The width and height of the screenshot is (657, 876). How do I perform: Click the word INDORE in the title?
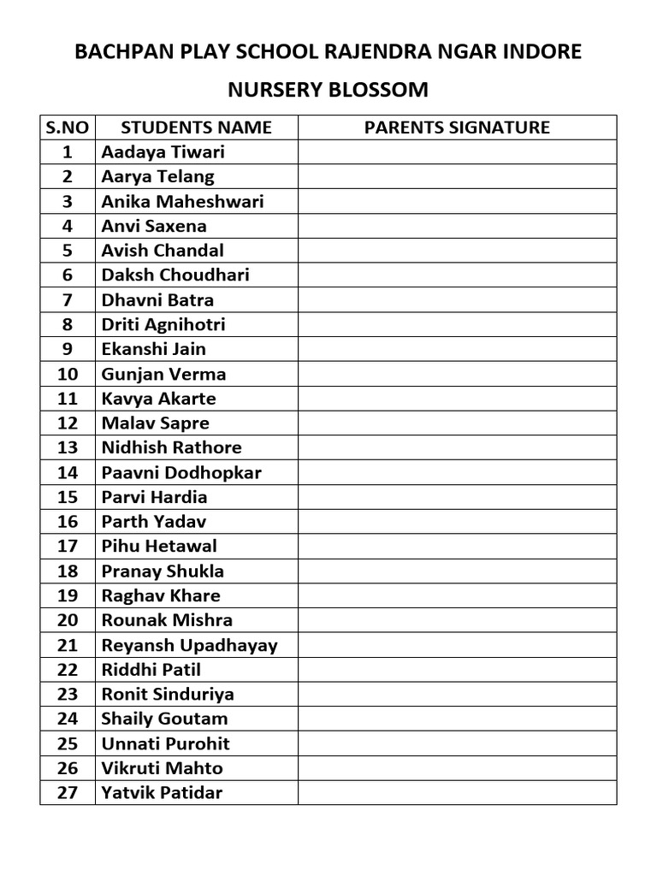547,52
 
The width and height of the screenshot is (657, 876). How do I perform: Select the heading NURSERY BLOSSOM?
328,90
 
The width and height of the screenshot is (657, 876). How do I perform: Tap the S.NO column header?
68,127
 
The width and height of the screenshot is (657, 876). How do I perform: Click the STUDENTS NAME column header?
196,127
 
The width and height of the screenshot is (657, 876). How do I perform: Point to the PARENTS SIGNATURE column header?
457,127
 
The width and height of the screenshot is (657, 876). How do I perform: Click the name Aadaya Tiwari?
163,152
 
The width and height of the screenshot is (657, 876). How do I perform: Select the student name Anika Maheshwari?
182,202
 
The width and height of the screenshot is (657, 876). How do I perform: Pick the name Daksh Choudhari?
175,275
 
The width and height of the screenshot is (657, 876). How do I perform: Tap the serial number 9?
68,349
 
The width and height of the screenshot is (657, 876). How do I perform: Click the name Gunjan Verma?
163,374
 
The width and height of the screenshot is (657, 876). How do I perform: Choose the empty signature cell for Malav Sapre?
457,423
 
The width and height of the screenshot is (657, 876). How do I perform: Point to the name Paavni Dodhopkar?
181,472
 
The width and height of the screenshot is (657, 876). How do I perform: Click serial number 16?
68,522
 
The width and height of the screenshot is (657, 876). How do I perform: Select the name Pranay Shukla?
163,571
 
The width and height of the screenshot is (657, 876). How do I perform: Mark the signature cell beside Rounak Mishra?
457,620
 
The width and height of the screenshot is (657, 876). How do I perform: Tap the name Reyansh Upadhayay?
189,645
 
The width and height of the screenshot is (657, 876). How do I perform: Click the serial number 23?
68,694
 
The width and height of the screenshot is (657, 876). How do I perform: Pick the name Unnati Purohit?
165,743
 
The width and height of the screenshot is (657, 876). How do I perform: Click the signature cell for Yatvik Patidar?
457,793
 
